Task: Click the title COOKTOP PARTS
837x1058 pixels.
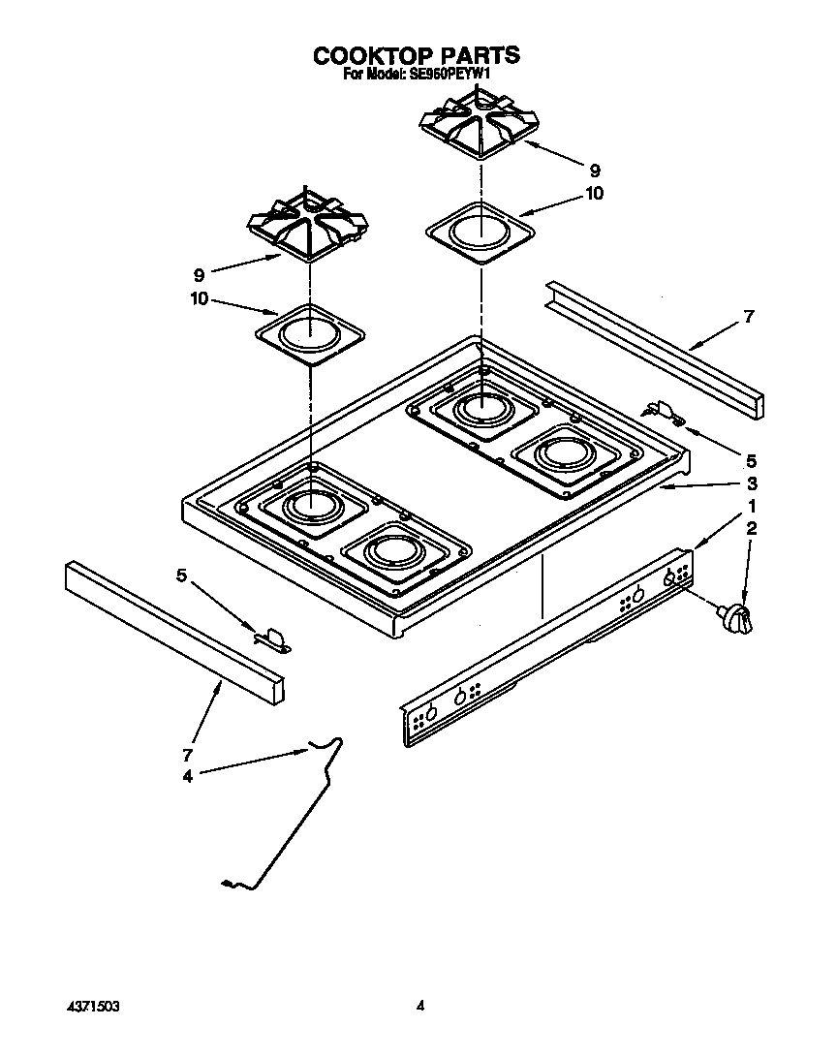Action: pos(416,55)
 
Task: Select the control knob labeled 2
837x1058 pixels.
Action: pos(735,617)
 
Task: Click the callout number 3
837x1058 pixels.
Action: pos(751,483)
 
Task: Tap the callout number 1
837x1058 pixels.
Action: pos(751,508)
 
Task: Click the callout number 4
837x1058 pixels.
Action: pos(187,775)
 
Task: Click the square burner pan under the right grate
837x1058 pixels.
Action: pos(480,233)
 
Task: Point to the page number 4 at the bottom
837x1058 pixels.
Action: pos(420,1007)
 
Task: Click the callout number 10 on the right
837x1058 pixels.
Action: pos(594,193)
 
